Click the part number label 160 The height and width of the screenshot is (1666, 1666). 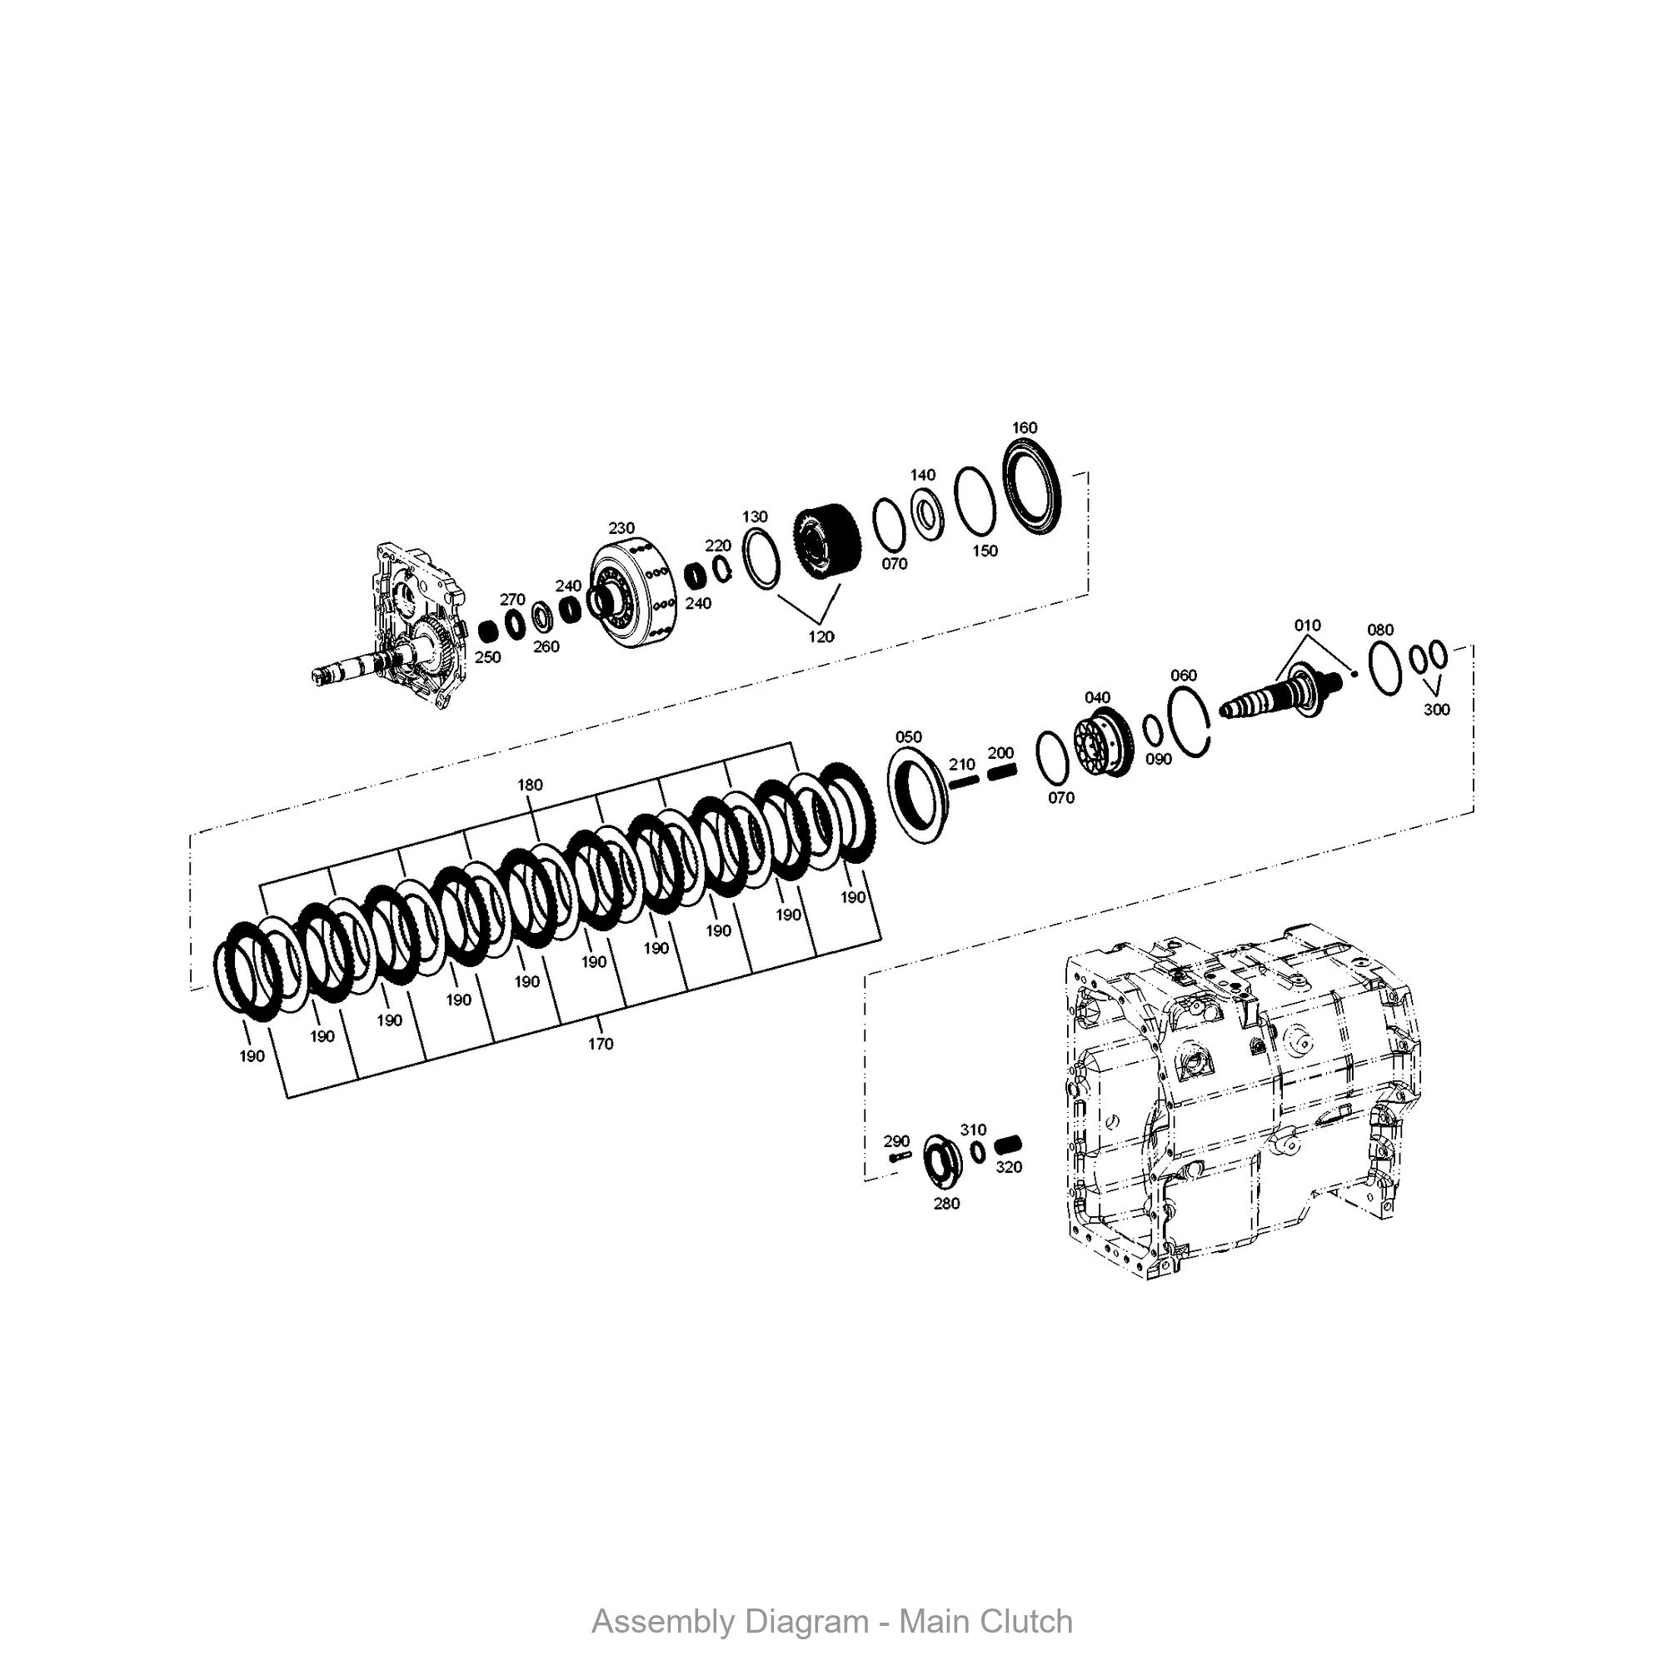1025,427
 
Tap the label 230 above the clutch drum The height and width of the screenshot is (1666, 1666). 621,528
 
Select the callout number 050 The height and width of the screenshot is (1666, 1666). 909,736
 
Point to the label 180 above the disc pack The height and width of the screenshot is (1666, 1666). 530,785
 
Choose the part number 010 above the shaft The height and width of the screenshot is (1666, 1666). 1307,626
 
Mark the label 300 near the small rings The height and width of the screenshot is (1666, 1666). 1437,709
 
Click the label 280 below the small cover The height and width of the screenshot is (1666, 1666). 946,1203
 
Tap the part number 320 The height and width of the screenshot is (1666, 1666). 1009,1167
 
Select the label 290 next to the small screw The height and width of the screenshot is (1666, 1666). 897,1141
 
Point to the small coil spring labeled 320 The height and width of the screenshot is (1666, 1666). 1006,1146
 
